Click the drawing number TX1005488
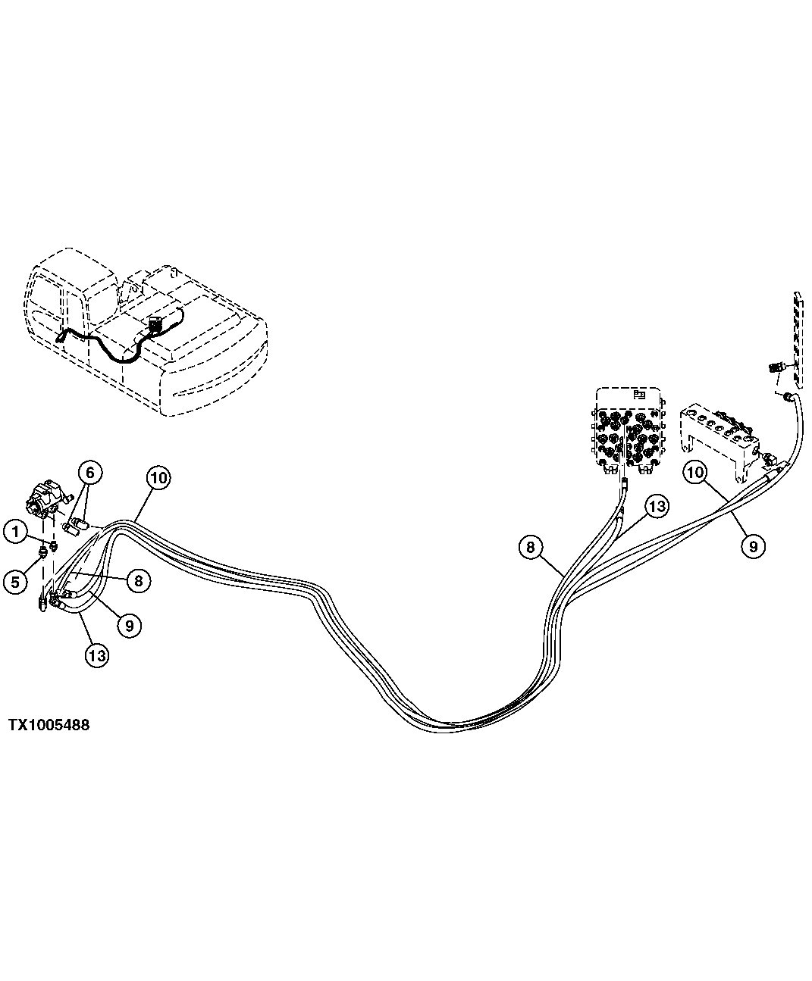(49, 725)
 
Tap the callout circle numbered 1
(15, 532)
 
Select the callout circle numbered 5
(15, 581)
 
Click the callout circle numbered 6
(89, 473)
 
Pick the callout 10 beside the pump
(159, 477)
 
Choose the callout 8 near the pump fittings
(139, 581)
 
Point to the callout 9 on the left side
(129, 625)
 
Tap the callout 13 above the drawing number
(97, 655)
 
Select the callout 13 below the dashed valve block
(656, 506)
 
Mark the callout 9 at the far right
(752, 545)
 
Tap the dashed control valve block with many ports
(629, 433)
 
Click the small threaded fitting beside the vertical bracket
(773, 368)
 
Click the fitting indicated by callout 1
(54, 547)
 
